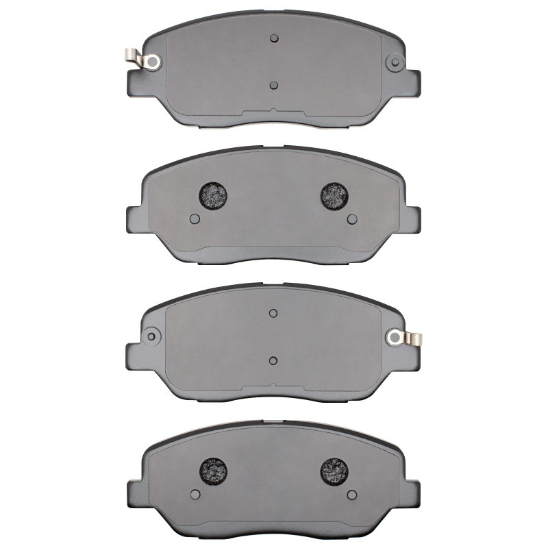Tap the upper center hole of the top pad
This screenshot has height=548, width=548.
click(x=273, y=38)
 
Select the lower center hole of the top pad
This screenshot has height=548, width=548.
click(x=273, y=85)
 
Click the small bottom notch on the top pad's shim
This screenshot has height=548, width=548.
click(x=273, y=110)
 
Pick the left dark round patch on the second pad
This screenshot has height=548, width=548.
click(x=211, y=196)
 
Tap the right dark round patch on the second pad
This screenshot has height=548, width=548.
click(x=335, y=196)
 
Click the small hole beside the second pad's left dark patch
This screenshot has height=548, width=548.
click(x=194, y=219)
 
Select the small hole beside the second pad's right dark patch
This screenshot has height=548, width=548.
click(x=352, y=219)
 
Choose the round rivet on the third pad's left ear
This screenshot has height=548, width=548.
click(x=151, y=336)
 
